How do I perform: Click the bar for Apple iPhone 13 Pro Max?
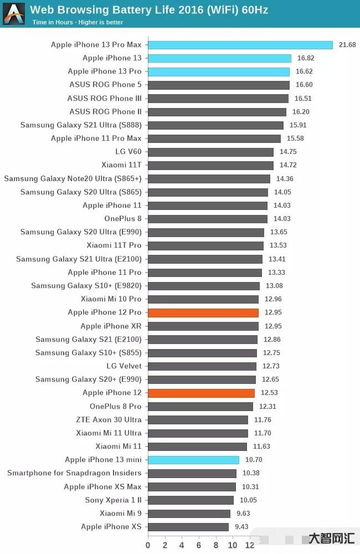click(240, 45)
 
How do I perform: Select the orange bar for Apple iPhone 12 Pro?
click(203, 312)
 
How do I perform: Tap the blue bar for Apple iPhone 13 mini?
click(193, 460)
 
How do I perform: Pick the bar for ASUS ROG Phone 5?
click(218, 85)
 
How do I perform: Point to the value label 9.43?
click(242, 527)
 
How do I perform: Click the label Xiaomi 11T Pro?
click(114, 245)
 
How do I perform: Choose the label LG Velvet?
click(124, 366)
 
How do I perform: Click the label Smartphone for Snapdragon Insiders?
click(74, 473)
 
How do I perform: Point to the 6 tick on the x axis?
click(199, 545)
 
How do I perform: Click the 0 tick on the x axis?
click(148, 545)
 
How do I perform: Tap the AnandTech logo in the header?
click(14, 14)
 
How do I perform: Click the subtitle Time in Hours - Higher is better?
click(78, 23)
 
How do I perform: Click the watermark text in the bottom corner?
click(331, 538)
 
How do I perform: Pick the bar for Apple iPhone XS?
click(188, 527)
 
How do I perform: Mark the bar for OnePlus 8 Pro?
click(200, 407)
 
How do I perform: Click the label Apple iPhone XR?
click(111, 326)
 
